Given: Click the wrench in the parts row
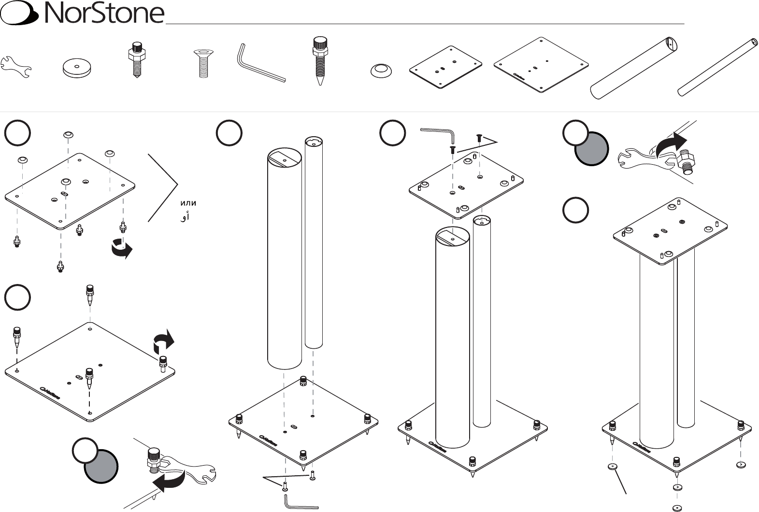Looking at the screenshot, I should point(15,66).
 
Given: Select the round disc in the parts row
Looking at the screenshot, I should point(77,68).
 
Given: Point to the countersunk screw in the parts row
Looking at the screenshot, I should point(203,63).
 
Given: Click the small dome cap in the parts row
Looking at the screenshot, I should point(381,71).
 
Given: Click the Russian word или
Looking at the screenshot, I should point(188,203).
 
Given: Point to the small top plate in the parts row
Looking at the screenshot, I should point(445,68).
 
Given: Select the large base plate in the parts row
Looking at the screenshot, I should point(541,65).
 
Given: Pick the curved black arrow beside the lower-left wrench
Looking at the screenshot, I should point(169,480).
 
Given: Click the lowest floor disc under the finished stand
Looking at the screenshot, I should point(677,507).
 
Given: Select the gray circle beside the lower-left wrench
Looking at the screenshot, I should point(101,466).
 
